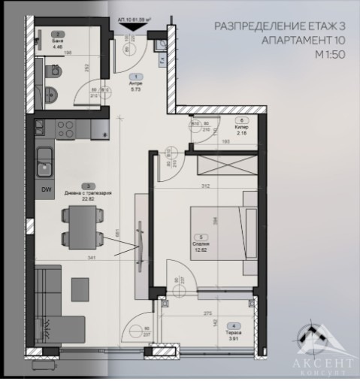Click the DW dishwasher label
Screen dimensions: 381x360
click(x=46, y=189)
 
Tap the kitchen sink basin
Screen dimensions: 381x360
click(x=45, y=159)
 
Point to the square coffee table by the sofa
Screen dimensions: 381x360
click(x=80, y=286)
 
